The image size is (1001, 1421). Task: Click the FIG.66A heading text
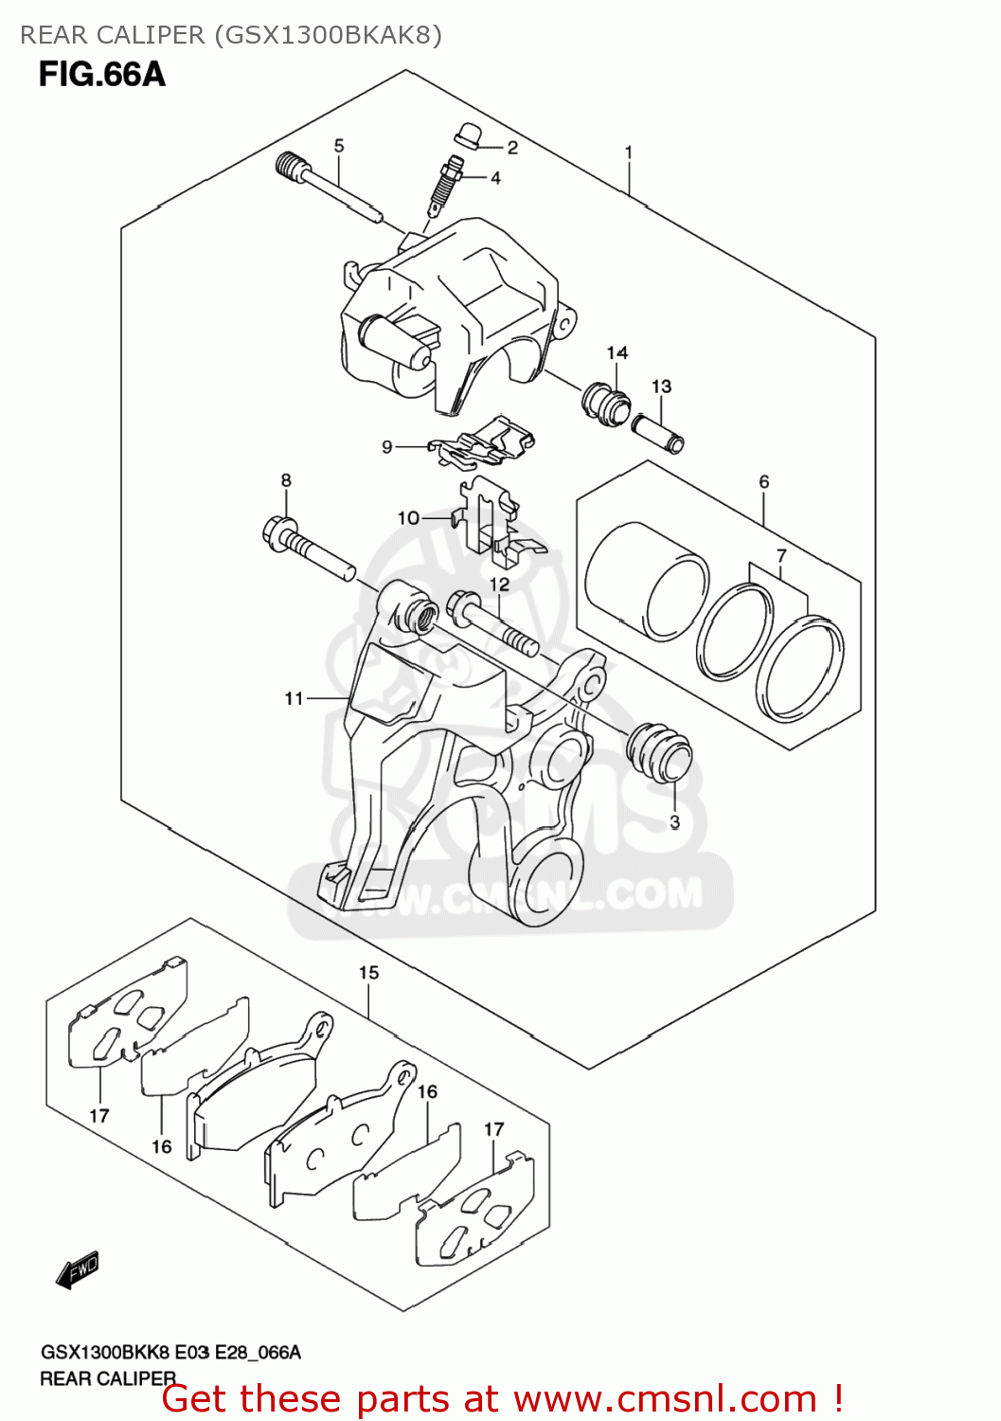coord(102,74)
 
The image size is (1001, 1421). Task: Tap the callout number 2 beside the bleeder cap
coord(512,148)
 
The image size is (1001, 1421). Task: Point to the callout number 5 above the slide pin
coord(339,146)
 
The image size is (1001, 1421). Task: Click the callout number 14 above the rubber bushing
coord(617,352)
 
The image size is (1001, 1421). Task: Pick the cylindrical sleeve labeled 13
coord(658,432)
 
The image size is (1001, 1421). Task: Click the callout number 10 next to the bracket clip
coord(408,518)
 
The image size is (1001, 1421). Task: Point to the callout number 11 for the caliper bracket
coord(294,698)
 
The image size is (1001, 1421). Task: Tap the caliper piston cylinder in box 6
coord(646,579)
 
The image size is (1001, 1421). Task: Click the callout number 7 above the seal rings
coord(781,556)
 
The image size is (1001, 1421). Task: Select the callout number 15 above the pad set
coord(368,972)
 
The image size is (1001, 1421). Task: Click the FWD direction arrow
coord(78,1269)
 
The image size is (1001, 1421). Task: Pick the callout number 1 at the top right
coord(628,152)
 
